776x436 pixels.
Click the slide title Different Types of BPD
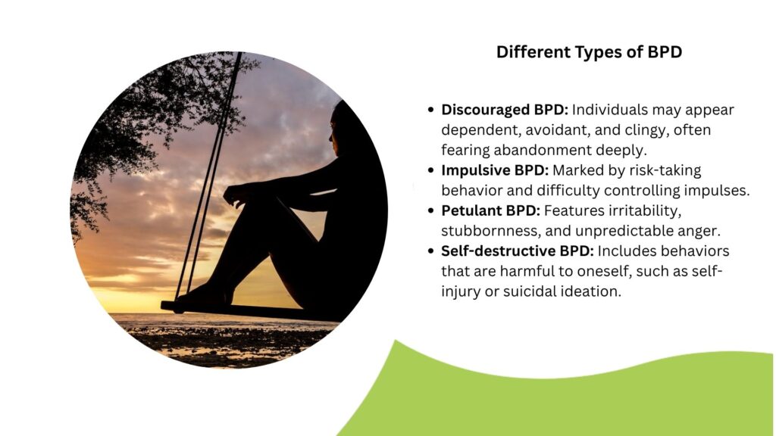(x=589, y=52)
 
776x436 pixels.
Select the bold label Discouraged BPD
(x=505, y=110)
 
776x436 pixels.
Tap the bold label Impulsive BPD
(x=495, y=170)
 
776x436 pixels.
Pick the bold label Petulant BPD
(x=490, y=210)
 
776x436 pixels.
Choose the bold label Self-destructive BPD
(x=517, y=251)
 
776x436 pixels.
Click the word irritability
(x=644, y=211)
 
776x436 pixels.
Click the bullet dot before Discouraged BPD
(x=430, y=110)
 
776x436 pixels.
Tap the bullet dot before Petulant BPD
(x=430, y=211)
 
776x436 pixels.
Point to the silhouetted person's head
(x=342, y=129)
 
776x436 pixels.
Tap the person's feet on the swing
(x=204, y=296)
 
